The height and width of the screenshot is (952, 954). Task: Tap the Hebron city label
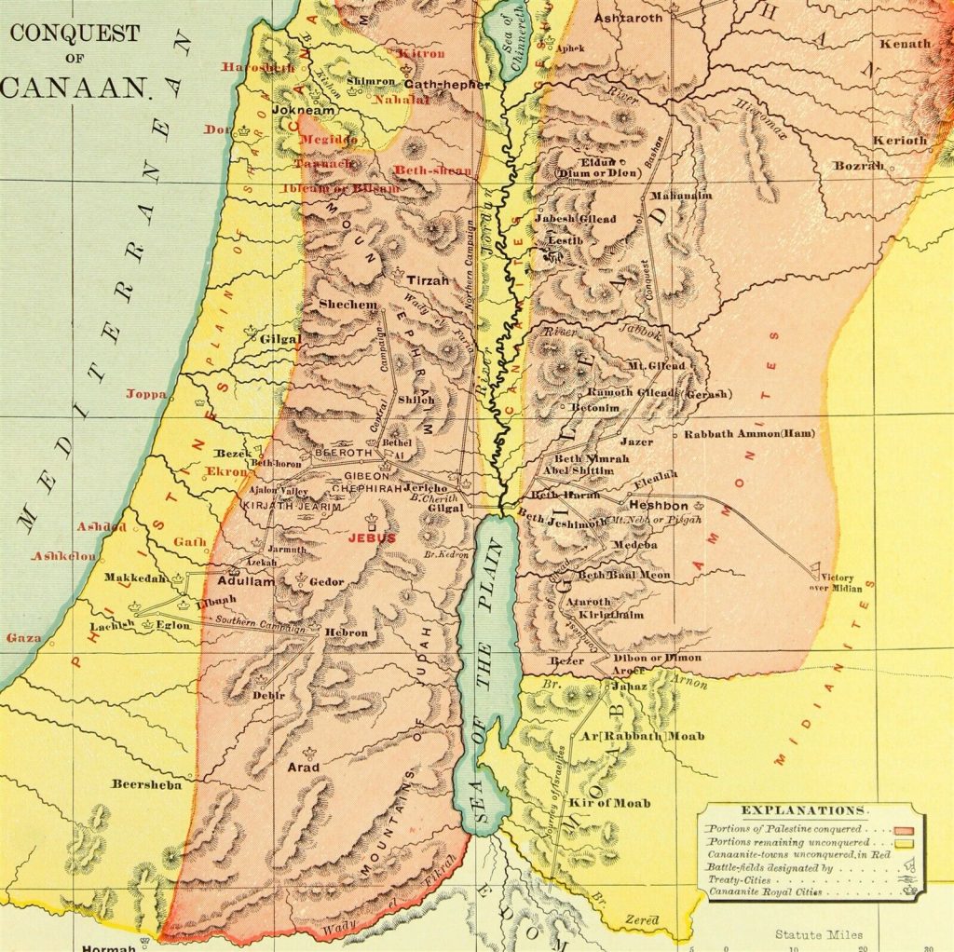(x=346, y=632)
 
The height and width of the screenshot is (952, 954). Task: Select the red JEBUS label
(x=372, y=537)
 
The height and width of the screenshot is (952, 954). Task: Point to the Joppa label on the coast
(x=146, y=394)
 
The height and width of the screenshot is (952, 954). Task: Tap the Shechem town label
(x=348, y=305)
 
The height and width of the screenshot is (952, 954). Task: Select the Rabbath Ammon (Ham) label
(x=749, y=434)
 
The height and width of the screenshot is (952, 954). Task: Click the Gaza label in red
(x=23, y=638)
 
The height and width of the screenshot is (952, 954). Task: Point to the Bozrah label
(x=858, y=165)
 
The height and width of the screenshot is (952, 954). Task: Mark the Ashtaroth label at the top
(x=628, y=18)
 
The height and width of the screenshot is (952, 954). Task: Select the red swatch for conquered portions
(x=904, y=828)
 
